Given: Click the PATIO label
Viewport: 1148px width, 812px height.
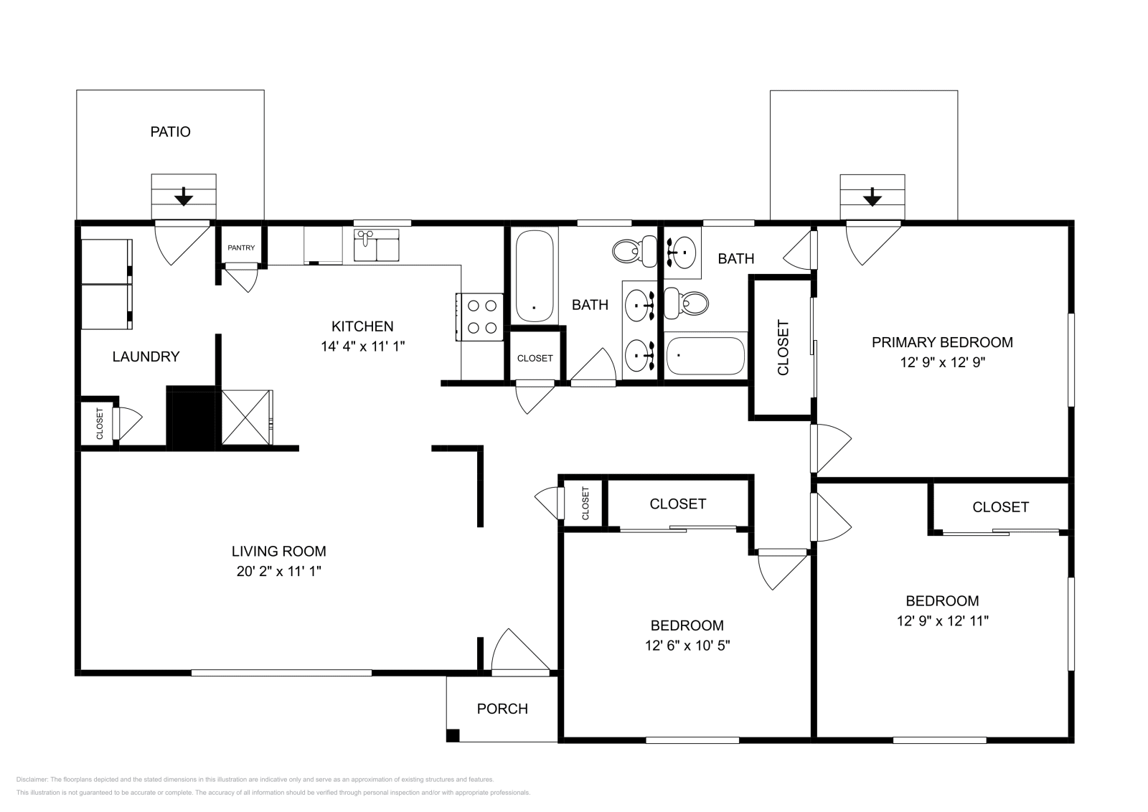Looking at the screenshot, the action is click(x=170, y=132).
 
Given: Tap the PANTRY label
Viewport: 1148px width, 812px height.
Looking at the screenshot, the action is click(x=241, y=248).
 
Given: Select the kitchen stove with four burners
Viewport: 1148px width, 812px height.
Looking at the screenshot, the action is click(x=480, y=316).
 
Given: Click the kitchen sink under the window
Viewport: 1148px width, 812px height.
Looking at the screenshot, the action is click(x=376, y=245).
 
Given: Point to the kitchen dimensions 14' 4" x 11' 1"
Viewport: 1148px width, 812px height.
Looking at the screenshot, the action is click(x=363, y=346).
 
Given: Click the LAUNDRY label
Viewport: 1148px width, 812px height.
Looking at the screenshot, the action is click(x=146, y=357).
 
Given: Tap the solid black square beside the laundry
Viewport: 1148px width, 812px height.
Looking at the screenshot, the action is click(x=191, y=418).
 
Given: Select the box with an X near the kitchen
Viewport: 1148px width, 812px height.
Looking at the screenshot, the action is click(x=247, y=417).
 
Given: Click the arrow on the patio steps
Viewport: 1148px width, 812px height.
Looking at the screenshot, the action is click(x=183, y=197).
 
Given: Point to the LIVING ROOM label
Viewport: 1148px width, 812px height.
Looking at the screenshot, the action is click(x=279, y=551).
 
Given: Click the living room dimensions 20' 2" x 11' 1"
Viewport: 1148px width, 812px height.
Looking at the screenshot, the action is click(x=279, y=571).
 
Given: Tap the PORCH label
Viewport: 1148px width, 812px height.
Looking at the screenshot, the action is click(x=502, y=709).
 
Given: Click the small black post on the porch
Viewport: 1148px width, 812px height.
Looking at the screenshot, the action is click(x=453, y=735).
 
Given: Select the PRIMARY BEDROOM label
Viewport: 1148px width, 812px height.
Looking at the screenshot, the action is click(x=943, y=342).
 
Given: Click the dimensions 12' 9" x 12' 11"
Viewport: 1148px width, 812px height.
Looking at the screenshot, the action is click(x=943, y=621).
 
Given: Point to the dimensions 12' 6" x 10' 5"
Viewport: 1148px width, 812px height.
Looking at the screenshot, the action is click(x=687, y=646).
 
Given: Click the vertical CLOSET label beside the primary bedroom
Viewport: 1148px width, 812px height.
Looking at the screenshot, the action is click(x=783, y=347).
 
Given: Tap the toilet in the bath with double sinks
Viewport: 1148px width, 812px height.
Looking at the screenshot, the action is click(x=635, y=251).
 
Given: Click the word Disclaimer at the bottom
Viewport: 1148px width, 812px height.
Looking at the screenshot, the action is click(x=32, y=780).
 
